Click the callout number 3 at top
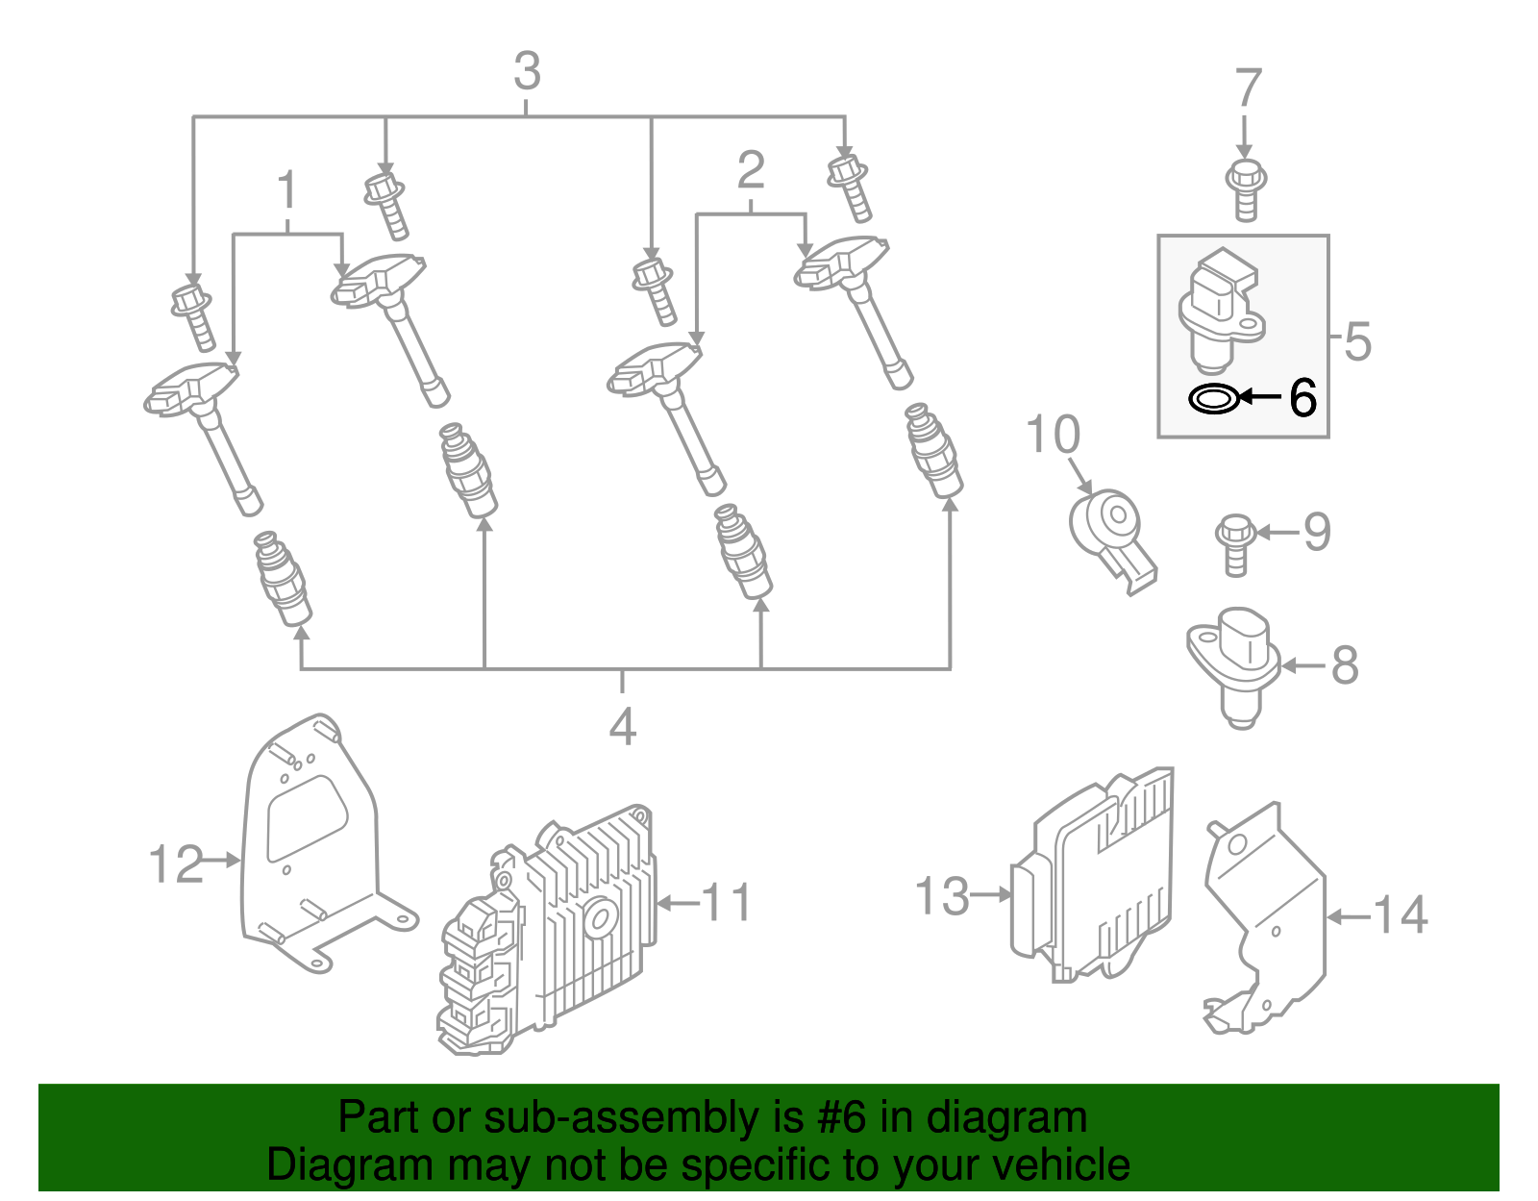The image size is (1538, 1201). [527, 72]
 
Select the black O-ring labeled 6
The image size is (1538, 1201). [1212, 398]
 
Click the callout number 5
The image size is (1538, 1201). [1356, 340]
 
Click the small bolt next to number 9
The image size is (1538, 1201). [1234, 544]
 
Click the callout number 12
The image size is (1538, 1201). [176, 863]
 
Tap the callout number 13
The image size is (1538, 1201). [942, 896]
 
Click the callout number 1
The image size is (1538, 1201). [287, 190]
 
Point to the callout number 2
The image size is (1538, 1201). [750, 170]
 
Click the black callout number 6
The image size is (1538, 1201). [1302, 397]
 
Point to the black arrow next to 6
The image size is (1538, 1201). [1260, 396]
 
